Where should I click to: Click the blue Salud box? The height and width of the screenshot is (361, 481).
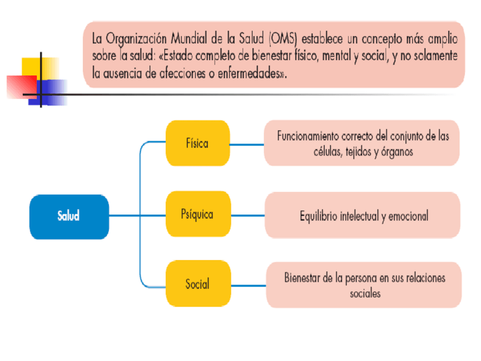69,216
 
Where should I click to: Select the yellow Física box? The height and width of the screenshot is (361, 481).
197,143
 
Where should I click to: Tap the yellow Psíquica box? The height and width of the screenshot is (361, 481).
197,215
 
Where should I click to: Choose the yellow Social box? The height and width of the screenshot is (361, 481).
197,283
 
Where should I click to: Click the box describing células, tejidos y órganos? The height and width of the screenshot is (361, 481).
362,143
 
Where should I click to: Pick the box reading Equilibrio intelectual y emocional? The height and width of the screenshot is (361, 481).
362,215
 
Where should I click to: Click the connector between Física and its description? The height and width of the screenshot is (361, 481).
247,144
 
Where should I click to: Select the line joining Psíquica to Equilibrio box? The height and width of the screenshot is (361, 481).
247,216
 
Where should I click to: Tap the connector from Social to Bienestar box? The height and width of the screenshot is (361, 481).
248,285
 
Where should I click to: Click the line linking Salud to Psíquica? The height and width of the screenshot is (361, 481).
136,216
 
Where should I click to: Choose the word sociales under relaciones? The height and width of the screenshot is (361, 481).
365,293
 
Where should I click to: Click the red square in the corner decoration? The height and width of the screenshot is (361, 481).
20,86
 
